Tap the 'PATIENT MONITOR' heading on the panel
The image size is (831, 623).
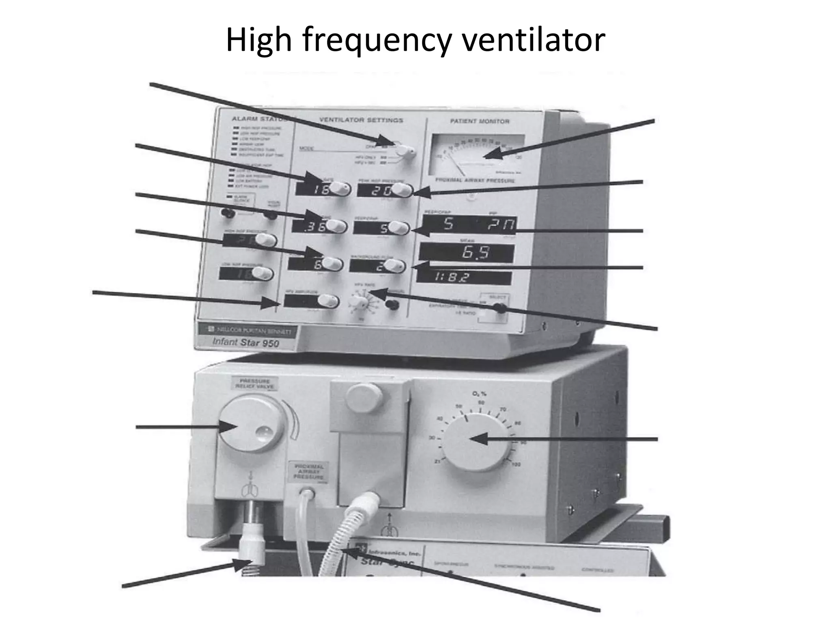480,121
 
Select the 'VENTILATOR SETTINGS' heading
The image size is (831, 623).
361,120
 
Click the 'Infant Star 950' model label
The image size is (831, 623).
246,342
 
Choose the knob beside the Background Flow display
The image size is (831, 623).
394,266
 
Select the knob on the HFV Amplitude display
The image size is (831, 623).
327,301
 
